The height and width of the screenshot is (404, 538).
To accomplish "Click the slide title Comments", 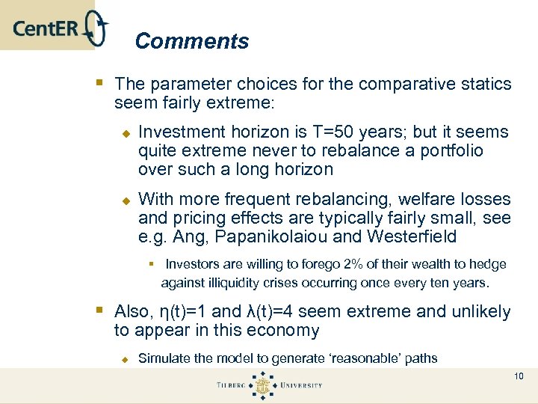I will (x=192, y=41).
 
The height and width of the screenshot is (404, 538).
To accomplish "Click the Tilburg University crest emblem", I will (x=262, y=386).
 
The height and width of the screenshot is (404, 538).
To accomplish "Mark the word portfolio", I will (x=451, y=151).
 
